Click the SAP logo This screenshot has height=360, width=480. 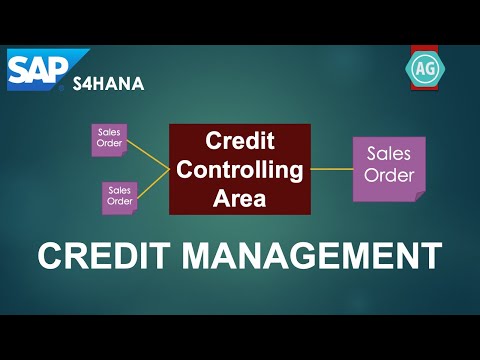point(45,69)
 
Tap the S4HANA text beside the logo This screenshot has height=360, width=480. point(108,84)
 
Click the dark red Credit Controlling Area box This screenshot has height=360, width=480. point(239,169)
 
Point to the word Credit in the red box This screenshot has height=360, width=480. point(239,142)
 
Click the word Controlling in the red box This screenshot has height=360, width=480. point(239,170)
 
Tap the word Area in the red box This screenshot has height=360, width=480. point(239,197)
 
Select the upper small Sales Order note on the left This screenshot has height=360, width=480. point(108,140)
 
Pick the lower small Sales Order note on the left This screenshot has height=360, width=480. point(119,196)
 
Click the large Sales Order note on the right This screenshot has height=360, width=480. point(388,168)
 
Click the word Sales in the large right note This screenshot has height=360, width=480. point(388,155)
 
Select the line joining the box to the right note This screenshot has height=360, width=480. point(332,169)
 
